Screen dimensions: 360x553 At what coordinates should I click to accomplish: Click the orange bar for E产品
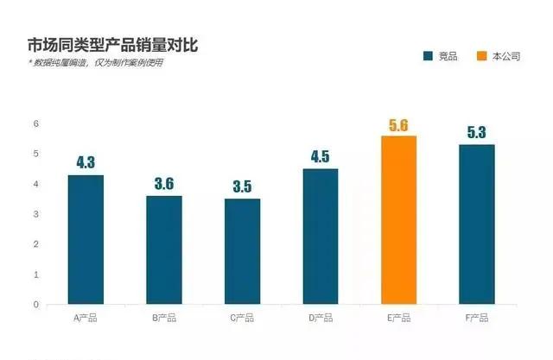(398, 220)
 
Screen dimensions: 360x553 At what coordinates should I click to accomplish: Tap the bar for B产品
(163, 249)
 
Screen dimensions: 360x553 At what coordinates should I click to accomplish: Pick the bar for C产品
(242, 251)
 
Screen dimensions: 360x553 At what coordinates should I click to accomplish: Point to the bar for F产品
(476, 224)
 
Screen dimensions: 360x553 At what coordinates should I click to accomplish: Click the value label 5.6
(398, 124)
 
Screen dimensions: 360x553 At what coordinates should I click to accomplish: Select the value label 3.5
(242, 187)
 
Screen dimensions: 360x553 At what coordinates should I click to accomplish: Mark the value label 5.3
(476, 133)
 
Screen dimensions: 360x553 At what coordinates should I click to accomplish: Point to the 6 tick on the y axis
(36, 123)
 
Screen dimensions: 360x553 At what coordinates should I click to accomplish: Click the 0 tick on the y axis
(36, 304)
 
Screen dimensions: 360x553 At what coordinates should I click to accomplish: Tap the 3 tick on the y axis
(36, 214)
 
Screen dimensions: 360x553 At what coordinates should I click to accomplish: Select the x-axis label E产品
(398, 319)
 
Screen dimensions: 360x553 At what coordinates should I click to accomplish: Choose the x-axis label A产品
(86, 319)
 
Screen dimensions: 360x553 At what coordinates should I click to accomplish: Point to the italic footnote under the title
(95, 63)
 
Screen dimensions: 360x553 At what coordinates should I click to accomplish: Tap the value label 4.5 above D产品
(321, 156)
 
